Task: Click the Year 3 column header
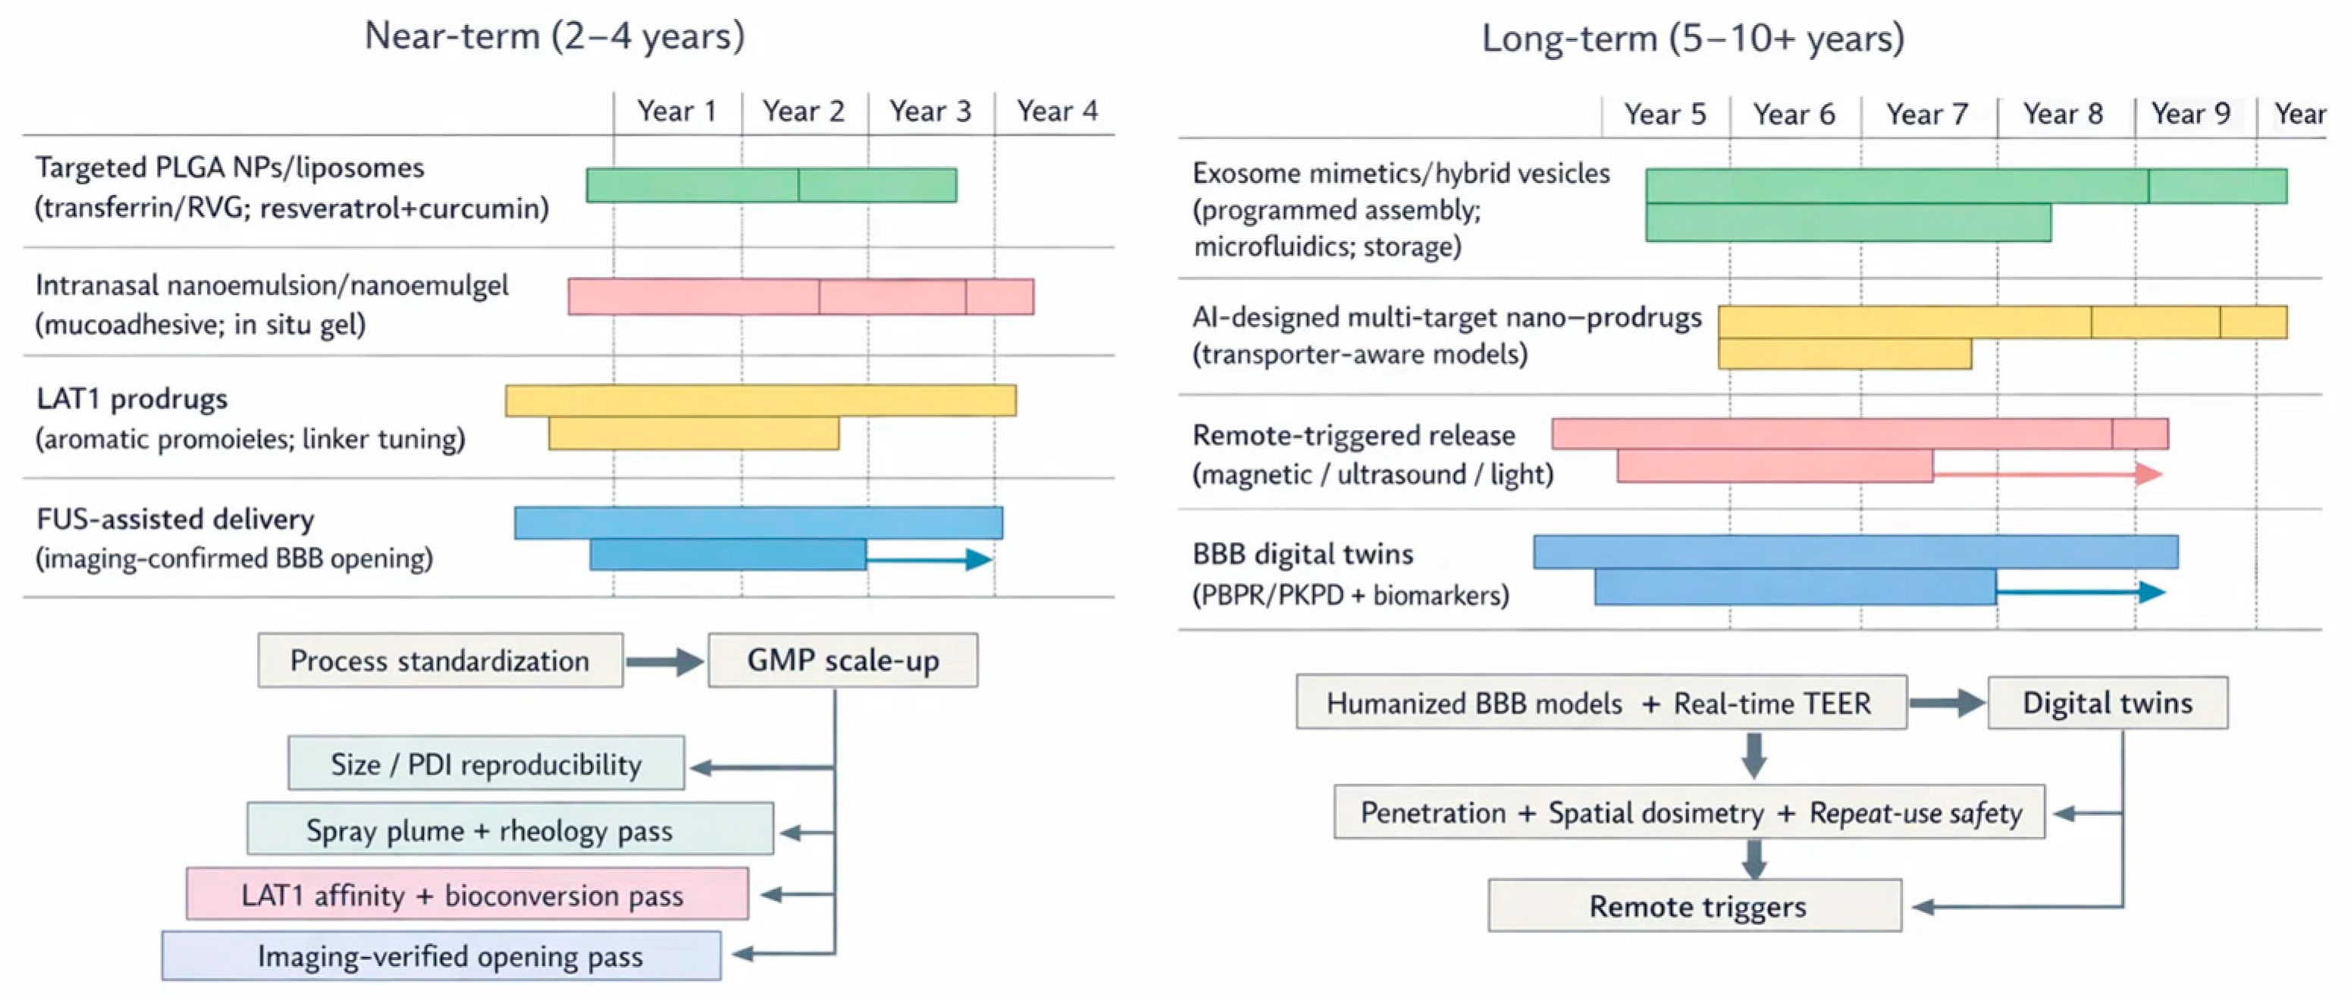[x=930, y=111]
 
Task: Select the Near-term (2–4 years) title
[x=554, y=36]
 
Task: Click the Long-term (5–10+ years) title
[x=1693, y=39]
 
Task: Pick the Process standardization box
[x=440, y=660]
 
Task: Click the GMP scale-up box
[x=842, y=660]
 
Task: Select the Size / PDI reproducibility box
[x=485, y=764]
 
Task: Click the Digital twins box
[x=2108, y=703]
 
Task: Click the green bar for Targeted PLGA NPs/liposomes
[x=771, y=185]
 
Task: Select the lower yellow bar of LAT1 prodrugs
[x=694, y=434]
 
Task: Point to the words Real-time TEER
[x=1773, y=704]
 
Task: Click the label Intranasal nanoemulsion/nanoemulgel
[x=272, y=286]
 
